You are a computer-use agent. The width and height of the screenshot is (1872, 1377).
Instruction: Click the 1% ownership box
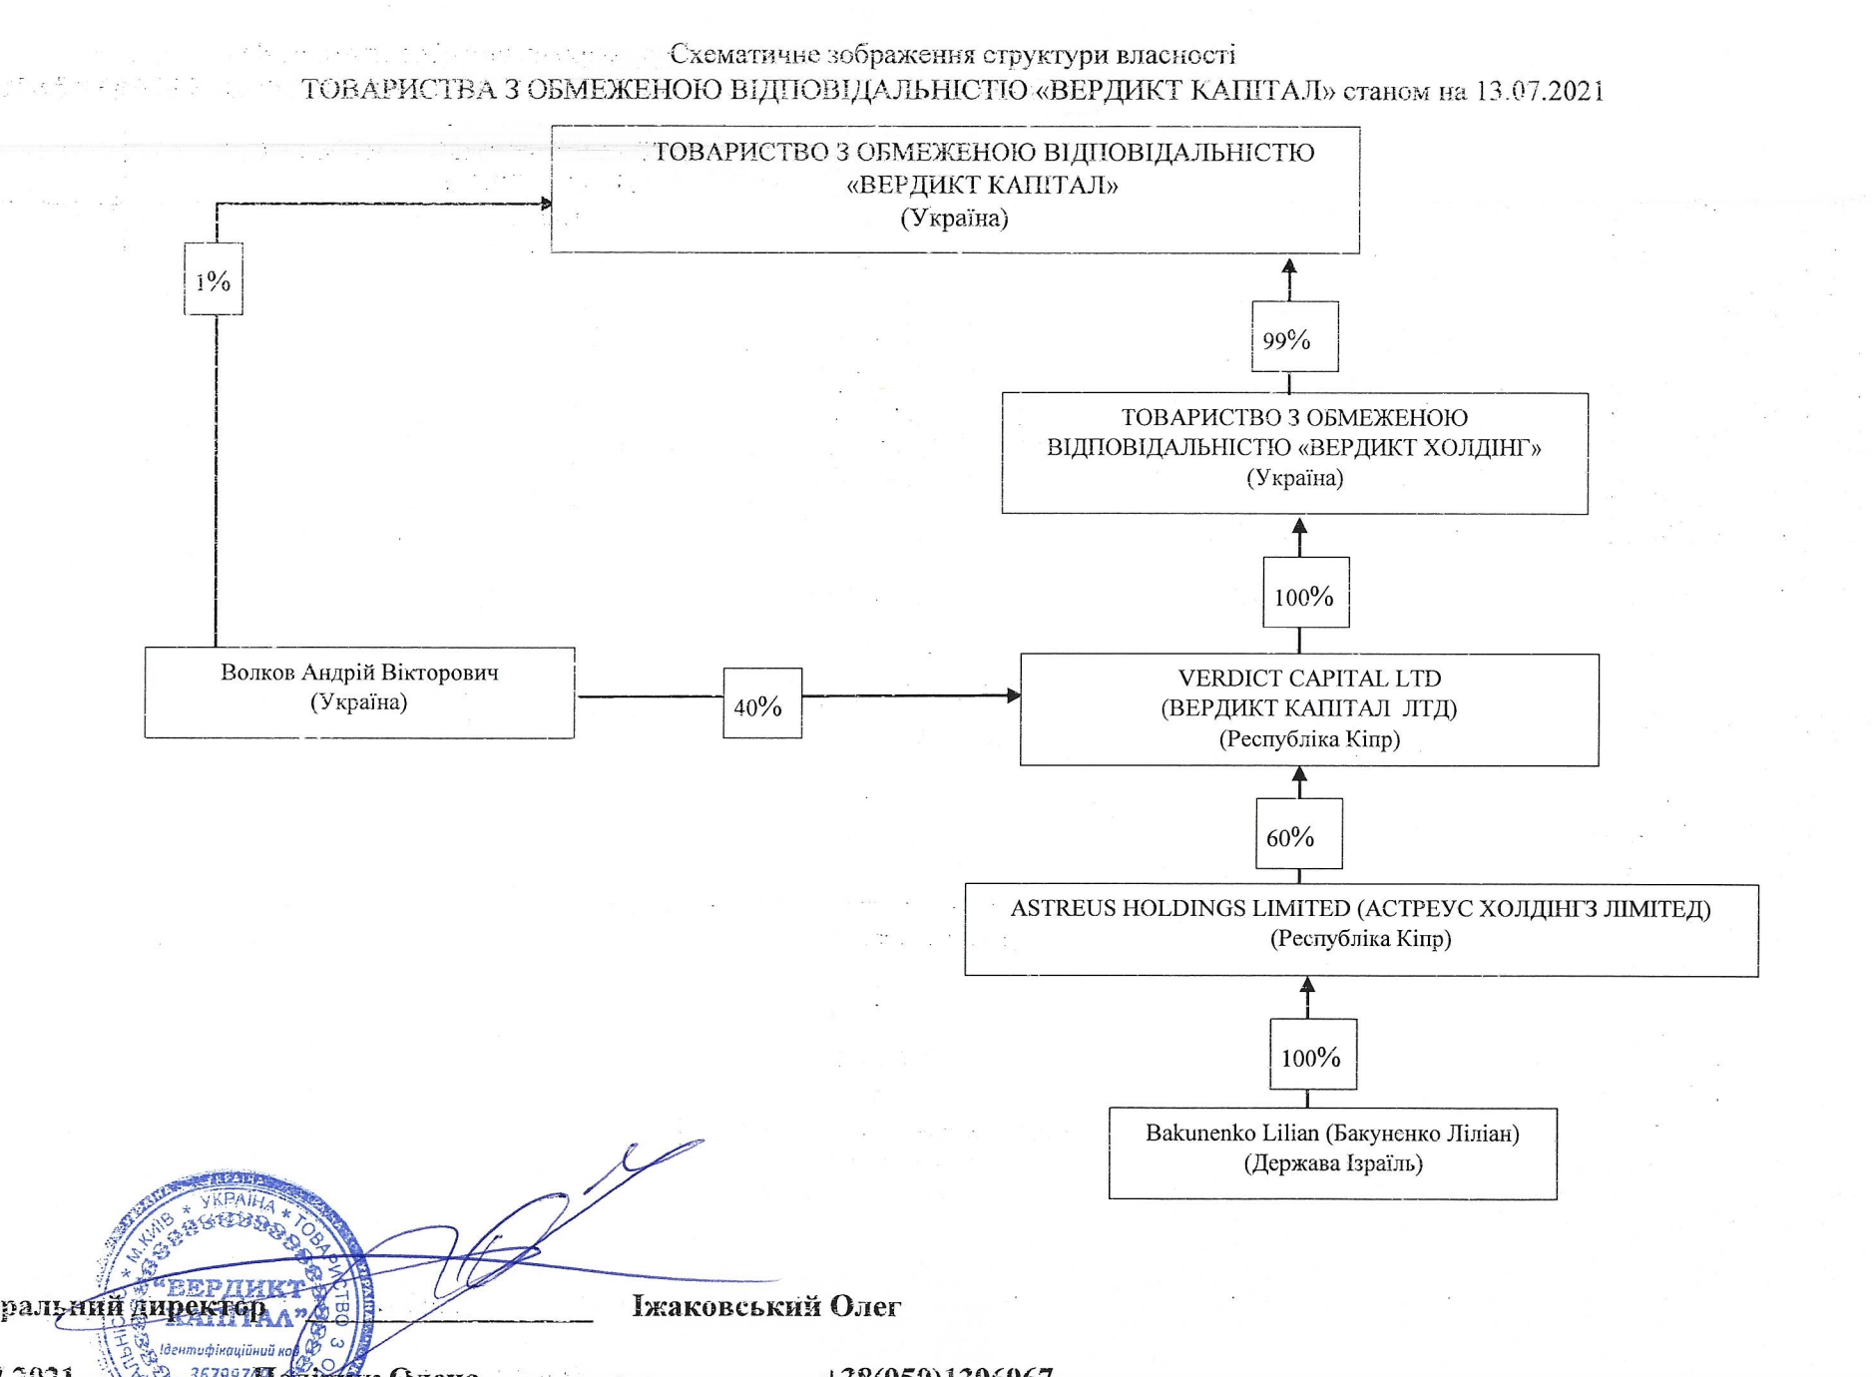pos(214,279)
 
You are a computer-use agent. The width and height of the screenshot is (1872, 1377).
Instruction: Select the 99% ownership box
pos(1294,337)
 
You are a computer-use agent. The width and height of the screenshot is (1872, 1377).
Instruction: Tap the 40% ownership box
pos(762,703)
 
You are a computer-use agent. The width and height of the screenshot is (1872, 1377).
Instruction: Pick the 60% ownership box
pos(1298,834)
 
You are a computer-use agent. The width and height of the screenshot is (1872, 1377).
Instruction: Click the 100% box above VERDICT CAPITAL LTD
pos(1305,593)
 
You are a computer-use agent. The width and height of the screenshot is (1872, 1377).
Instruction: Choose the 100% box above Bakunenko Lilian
pos(1312,1055)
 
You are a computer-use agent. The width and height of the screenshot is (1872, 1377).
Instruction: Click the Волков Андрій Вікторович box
pos(359,692)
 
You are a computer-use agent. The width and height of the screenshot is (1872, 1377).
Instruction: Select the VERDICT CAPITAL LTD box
pos(1309,709)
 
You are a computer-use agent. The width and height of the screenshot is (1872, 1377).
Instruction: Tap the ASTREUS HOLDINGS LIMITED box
pos(1361,930)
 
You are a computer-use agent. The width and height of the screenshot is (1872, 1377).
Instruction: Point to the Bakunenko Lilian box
pos(1332,1153)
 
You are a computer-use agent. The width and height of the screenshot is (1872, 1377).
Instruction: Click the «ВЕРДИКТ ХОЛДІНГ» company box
pos(1294,453)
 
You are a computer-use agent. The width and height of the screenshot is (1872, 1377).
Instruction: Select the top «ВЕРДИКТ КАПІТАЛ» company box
pos(955,190)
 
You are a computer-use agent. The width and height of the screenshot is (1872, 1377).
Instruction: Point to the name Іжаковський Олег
pos(766,1306)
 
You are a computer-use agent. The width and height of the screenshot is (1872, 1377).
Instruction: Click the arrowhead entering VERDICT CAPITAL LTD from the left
pos(1013,695)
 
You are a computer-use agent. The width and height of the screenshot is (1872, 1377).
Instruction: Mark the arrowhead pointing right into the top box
pos(545,204)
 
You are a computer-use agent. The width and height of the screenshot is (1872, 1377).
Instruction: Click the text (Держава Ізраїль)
pos(1332,1163)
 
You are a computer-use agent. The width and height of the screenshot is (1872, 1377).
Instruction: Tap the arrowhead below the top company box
pos(1289,266)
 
